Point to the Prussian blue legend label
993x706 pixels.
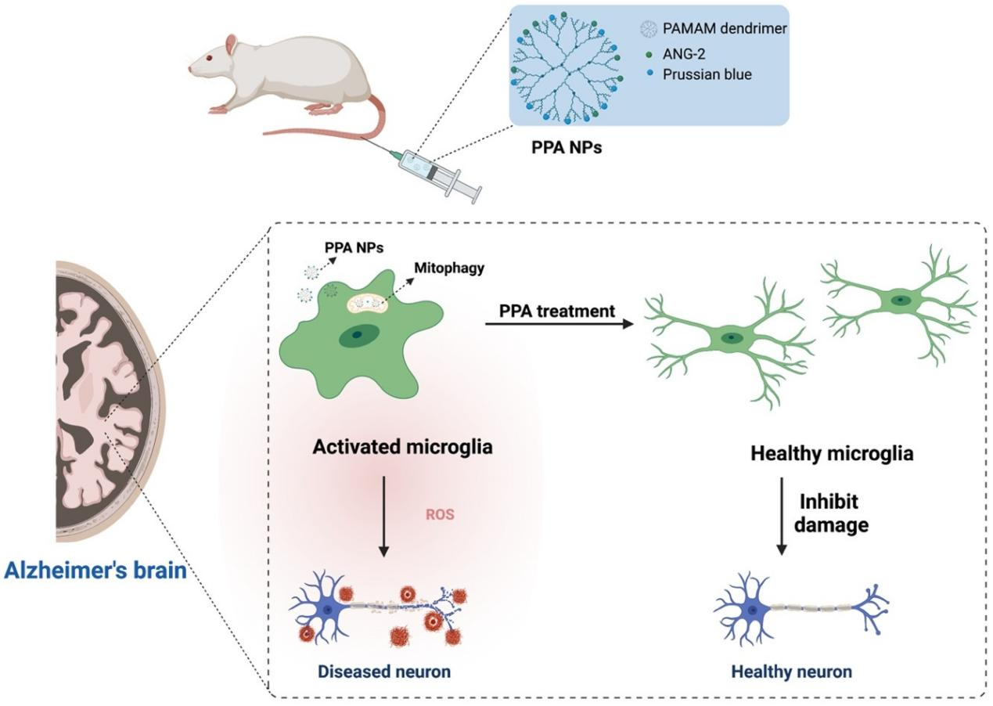(x=702, y=74)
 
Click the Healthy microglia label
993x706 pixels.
(x=831, y=454)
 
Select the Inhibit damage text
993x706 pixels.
(x=831, y=513)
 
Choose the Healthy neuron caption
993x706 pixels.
(x=791, y=672)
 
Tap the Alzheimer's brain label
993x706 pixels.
(x=95, y=570)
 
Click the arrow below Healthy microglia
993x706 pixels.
(x=781, y=517)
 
